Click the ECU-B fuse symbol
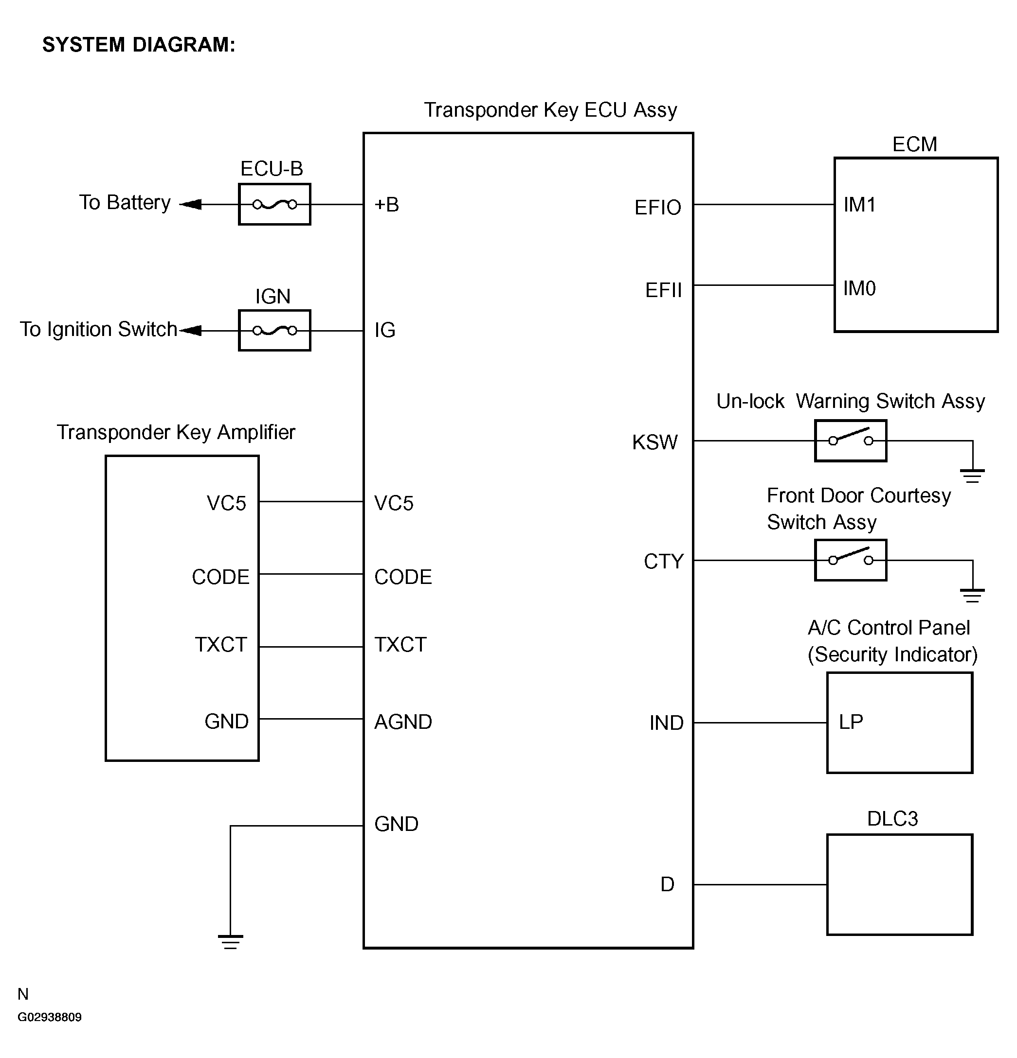pyautogui.click(x=274, y=205)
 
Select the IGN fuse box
pyautogui.click(x=274, y=330)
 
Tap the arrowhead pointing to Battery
pyautogui.click(x=190, y=205)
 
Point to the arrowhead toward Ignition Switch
pyautogui.click(x=190, y=330)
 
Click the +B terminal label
pyautogui.click(x=387, y=205)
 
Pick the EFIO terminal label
pyautogui.click(x=657, y=207)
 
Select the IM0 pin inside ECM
pyautogui.click(x=859, y=288)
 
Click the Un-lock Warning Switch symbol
pyautogui.click(x=850, y=441)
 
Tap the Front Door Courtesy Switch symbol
pyautogui.click(x=850, y=560)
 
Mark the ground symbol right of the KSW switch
pyautogui.click(x=972, y=476)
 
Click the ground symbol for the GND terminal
pyautogui.click(x=230, y=941)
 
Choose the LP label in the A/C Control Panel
pyautogui.click(x=851, y=722)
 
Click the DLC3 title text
pyautogui.click(x=892, y=819)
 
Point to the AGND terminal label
pyautogui.click(x=403, y=722)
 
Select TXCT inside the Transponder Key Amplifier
pyautogui.click(x=221, y=645)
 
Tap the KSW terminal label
pyautogui.click(x=654, y=442)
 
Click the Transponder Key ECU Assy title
pyautogui.click(x=550, y=110)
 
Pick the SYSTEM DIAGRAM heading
pyautogui.click(x=139, y=45)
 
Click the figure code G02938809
pyautogui.click(x=50, y=1017)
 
